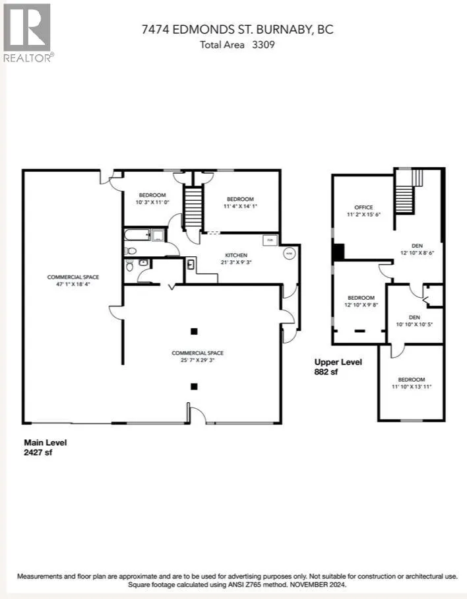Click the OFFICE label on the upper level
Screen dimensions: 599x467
(x=364, y=207)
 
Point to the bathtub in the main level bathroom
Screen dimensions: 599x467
(x=138, y=234)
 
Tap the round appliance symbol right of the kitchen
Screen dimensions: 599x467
(x=289, y=253)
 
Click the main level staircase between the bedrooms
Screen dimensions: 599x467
(x=192, y=207)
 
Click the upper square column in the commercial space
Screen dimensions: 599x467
(x=193, y=332)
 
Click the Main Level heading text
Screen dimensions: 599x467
(x=45, y=442)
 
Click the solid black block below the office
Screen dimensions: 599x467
(x=338, y=252)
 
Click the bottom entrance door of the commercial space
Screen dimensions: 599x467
(x=196, y=415)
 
